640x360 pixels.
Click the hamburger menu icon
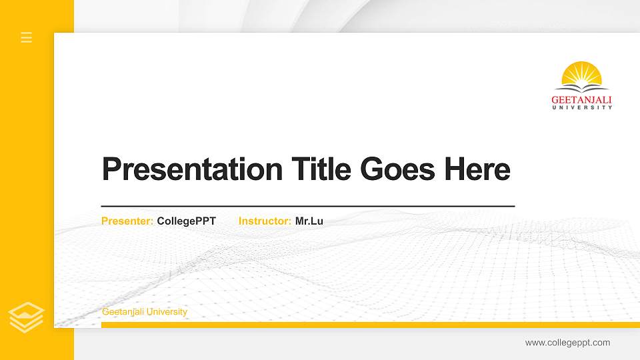pos(27,37)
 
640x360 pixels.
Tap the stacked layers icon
pos(27,317)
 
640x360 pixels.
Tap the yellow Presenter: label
pos(127,221)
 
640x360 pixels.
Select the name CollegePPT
pos(187,221)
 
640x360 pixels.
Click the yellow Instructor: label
pos(265,221)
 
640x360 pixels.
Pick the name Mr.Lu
pos(309,221)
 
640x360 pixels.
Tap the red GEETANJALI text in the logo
pos(582,99)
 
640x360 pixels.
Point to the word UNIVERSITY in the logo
pos(582,107)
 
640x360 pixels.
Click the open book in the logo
pos(582,87)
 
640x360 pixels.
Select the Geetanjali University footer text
pos(145,312)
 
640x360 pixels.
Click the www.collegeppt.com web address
pos(567,343)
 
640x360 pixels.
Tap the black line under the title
pos(307,207)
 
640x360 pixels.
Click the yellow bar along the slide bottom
pos(367,325)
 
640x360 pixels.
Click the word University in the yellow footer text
pos(167,312)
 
